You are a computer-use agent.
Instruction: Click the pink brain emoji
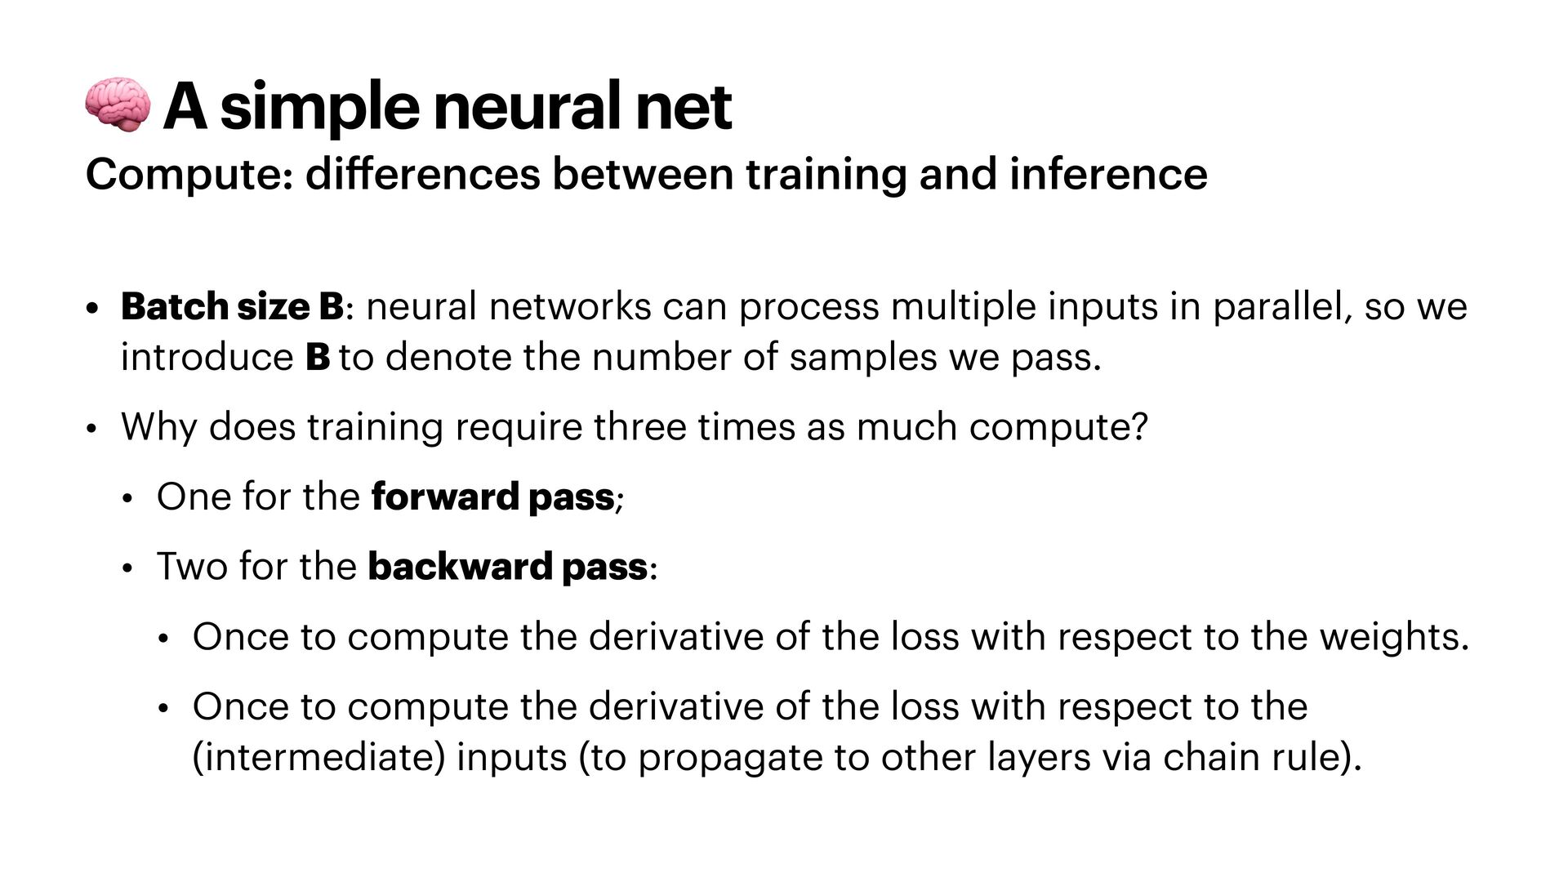(118, 105)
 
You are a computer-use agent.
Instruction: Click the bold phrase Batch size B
(233, 307)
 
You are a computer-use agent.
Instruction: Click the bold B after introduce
(317, 358)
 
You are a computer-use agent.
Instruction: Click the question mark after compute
(1140, 426)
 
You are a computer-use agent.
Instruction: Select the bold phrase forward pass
(492, 497)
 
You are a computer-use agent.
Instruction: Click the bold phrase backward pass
(507, 567)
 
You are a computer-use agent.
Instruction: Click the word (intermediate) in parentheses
(319, 757)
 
